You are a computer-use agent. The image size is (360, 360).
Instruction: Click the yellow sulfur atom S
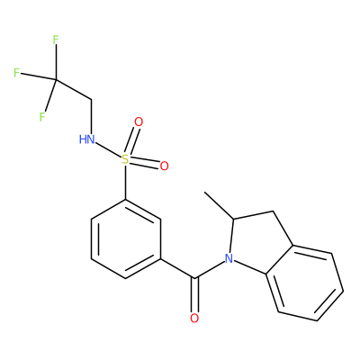pyautogui.click(x=125, y=159)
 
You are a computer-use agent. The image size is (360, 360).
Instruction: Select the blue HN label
pyautogui.click(x=87, y=139)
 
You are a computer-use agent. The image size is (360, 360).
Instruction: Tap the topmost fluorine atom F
pyautogui.click(x=56, y=40)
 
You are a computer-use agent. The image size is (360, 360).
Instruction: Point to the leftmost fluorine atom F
pyautogui.click(x=16, y=73)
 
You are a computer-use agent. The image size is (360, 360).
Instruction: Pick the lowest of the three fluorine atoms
pyautogui.click(x=42, y=117)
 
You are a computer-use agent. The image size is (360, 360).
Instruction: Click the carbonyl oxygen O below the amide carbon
pyautogui.click(x=194, y=318)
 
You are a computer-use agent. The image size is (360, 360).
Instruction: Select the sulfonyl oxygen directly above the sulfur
pyautogui.click(x=139, y=121)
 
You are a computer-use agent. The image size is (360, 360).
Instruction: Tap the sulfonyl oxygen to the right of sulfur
pyautogui.click(x=164, y=166)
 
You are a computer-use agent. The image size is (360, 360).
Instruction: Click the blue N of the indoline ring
pyautogui.click(x=229, y=258)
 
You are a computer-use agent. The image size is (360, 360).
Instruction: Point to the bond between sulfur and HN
pyautogui.click(x=108, y=149)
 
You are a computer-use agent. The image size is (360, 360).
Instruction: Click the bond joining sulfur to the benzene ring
pyautogui.click(x=125, y=182)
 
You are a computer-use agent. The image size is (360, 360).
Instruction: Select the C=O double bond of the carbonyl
pyautogui.click(x=195, y=295)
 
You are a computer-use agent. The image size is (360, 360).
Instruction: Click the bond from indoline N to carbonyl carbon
pyautogui.click(x=210, y=270)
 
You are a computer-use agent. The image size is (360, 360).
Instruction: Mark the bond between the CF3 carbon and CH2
pyautogui.click(x=73, y=89)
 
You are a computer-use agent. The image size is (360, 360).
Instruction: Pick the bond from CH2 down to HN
pyautogui.click(x=91, y=117)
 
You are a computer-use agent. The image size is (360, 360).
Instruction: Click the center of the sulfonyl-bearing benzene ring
pyautogui.click(x=126, y=238)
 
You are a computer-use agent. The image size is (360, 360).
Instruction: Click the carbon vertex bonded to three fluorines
pyautogui.click(x=56, y=79)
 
